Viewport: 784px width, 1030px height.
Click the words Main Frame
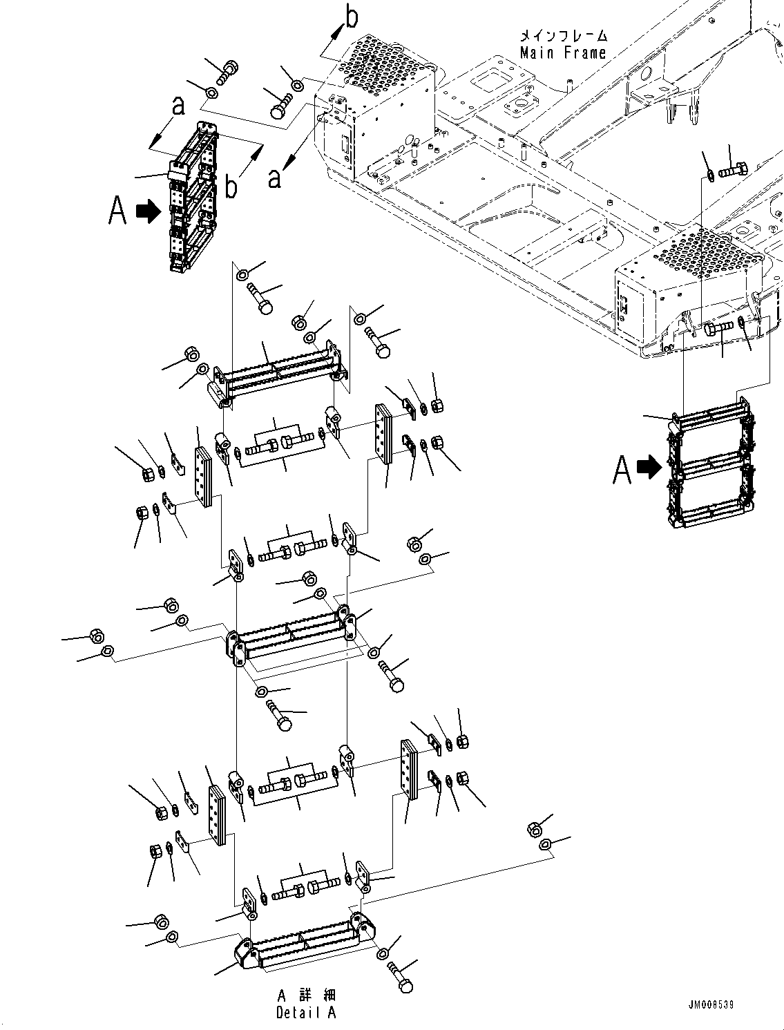[x=562, y=53]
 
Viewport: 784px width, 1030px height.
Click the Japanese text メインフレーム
[x=563, y=35]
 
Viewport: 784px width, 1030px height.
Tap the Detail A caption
[x=306, y=1013]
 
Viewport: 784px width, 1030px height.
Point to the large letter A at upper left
[x=118, y=211]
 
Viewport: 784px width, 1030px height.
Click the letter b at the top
[x=351, y=18]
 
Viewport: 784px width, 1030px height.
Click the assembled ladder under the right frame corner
[x=709, y=470]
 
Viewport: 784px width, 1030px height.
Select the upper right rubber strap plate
[x=383, y=432]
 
